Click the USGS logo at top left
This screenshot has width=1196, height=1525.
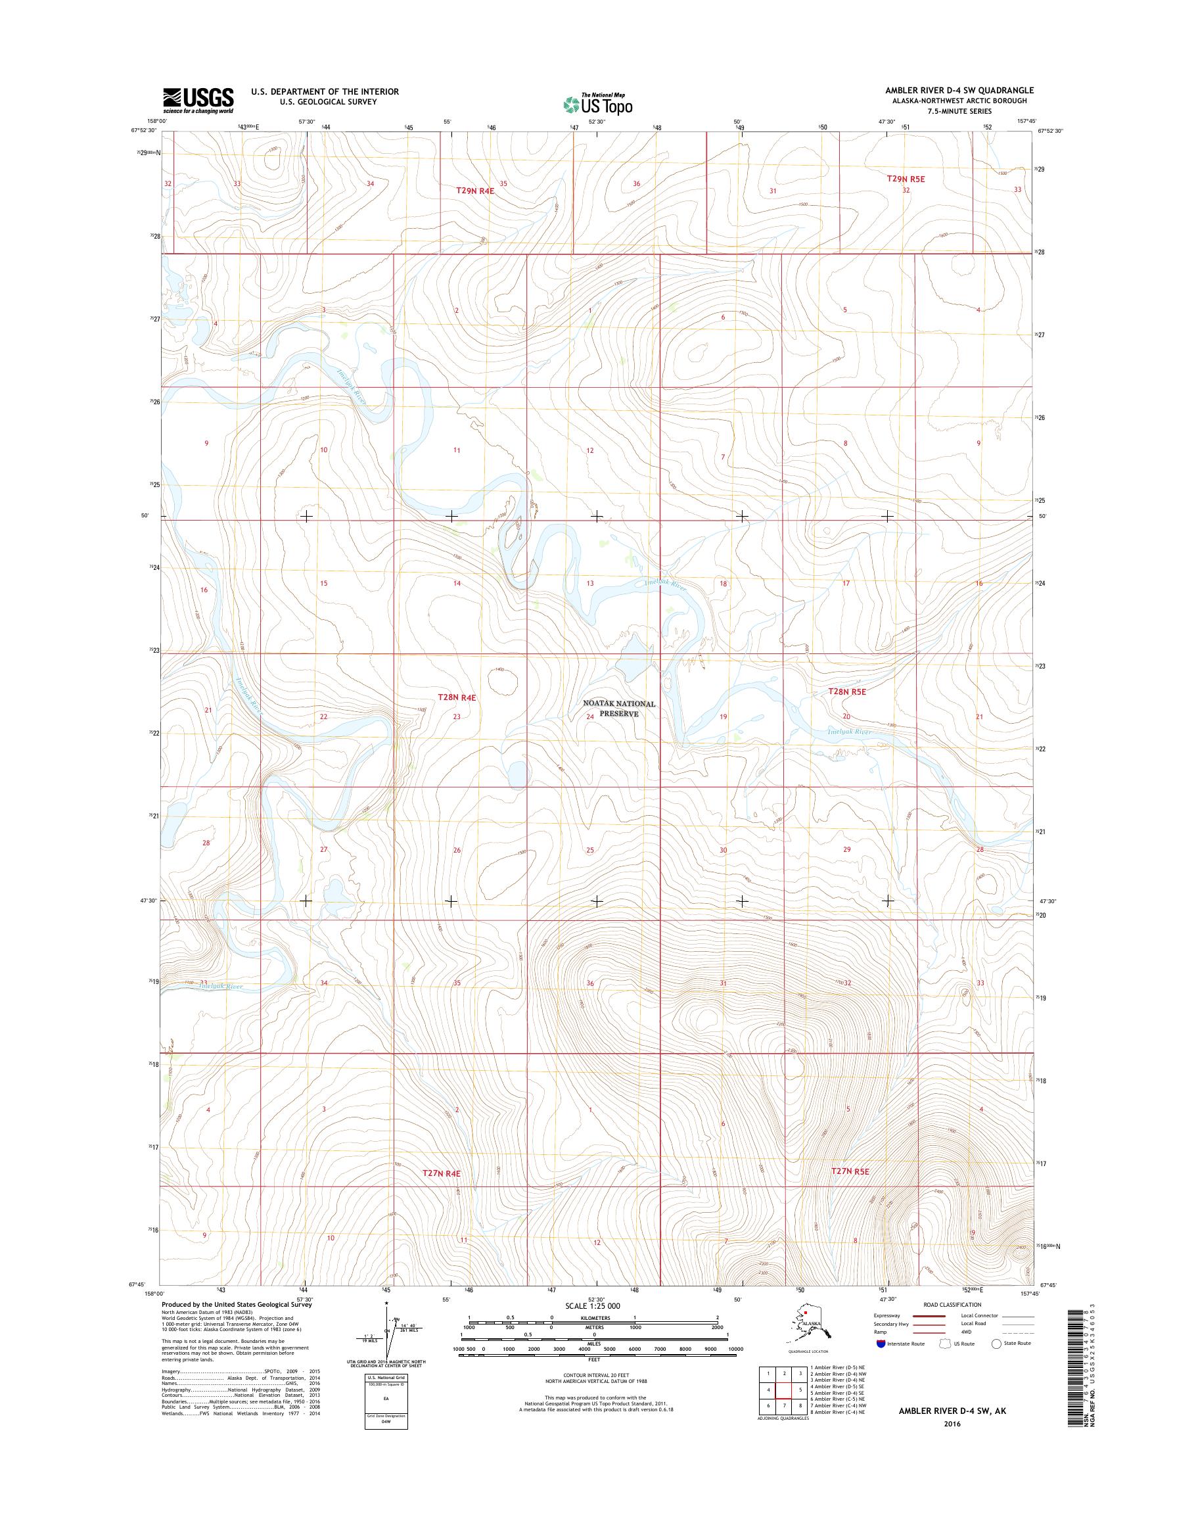point(198,100)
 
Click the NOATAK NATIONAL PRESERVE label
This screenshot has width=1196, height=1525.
point(620,708)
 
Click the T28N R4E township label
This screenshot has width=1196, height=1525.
point(457,697)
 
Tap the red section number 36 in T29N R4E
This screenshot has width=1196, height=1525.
point(636,184)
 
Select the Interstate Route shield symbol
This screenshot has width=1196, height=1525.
point(880,1344)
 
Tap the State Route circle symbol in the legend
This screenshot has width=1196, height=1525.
point(996,1344)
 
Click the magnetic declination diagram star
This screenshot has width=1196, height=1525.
point(386,1304)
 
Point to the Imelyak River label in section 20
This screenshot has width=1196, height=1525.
point(850,732)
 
